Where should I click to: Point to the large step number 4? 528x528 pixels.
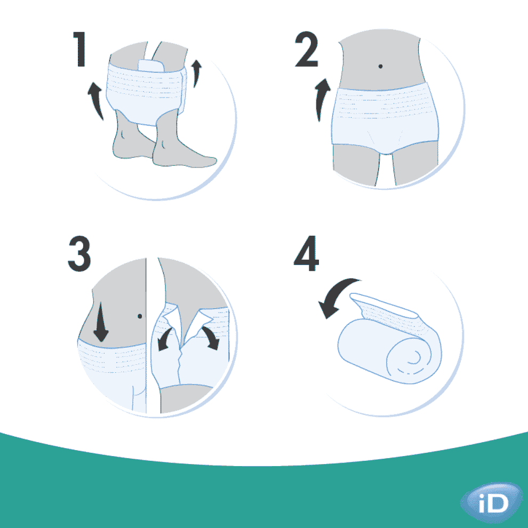pos(307,255)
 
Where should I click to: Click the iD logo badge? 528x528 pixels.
pos(491,503)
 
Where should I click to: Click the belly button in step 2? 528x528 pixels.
pos(380,66)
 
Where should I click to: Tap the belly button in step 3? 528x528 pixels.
pos(139,316)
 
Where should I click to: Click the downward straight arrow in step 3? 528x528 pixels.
pos(100,326)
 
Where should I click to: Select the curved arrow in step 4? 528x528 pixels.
pos(335,297)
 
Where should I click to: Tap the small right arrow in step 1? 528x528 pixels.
pos(197,73)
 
